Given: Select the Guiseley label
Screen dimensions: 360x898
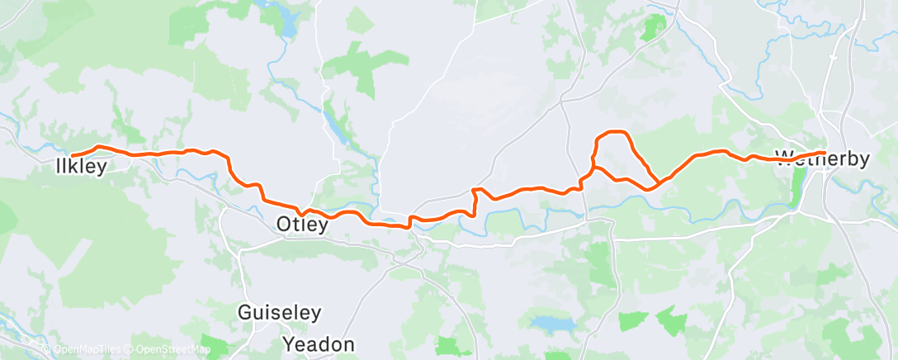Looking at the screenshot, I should click(279, 314).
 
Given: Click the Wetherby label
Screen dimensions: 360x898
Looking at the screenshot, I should click(822, 159).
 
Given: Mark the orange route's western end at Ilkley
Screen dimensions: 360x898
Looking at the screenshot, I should click(73, 155).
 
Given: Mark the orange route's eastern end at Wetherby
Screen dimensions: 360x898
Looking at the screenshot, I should click(823, 151).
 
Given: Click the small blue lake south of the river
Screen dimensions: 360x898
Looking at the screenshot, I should click(546, 322).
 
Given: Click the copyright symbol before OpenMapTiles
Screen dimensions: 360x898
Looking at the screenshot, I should click(47, 349).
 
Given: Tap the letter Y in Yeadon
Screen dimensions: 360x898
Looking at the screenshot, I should click(289, 343).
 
